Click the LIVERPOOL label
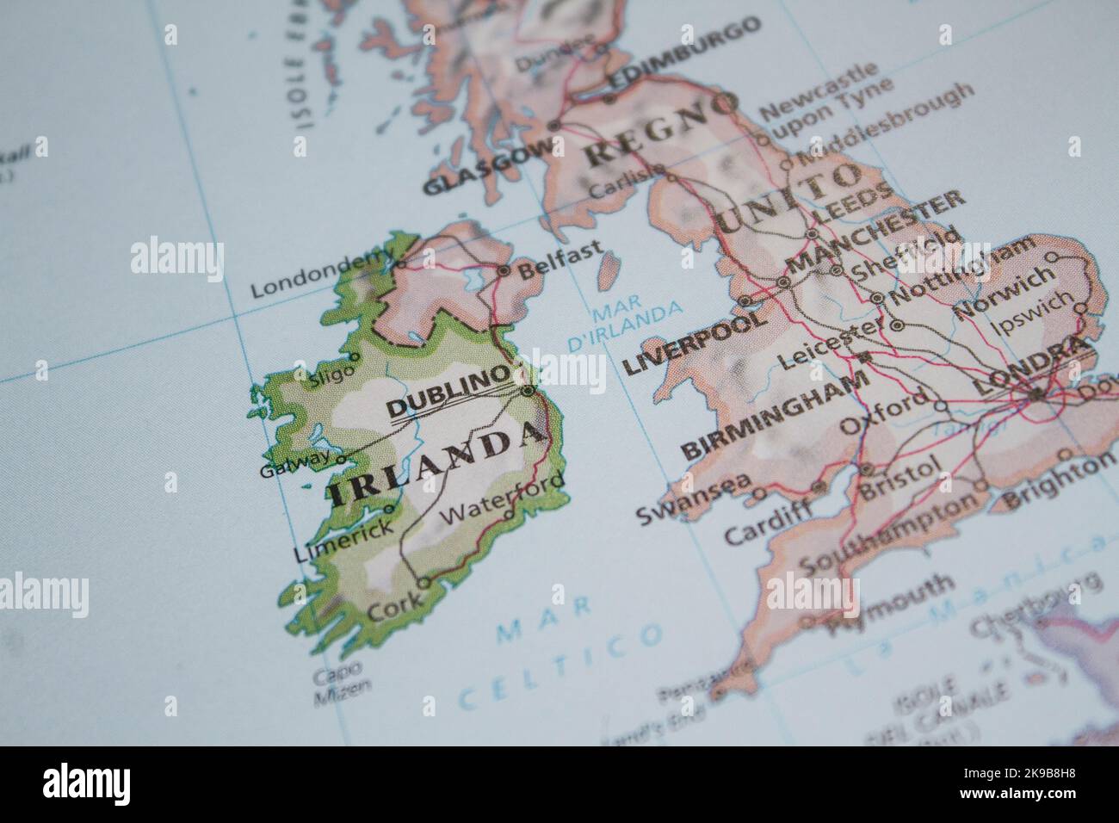(693, 342)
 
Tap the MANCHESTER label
(877, 229)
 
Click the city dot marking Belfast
(504, 270)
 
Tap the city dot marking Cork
(423, 583)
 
